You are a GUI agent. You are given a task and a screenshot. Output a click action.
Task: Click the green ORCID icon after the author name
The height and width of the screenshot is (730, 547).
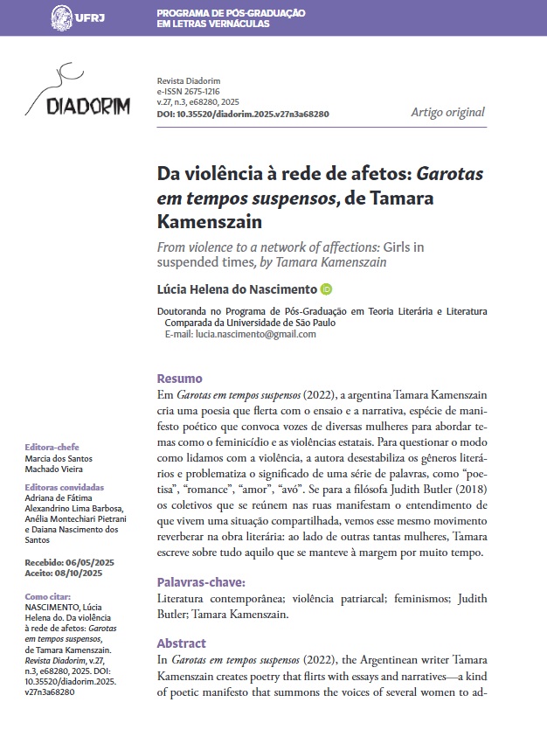pos(327,289)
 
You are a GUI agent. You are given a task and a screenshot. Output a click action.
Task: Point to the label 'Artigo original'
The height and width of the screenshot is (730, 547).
pos(447,112)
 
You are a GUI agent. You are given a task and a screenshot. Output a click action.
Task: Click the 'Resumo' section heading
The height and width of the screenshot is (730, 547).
pos(179,379)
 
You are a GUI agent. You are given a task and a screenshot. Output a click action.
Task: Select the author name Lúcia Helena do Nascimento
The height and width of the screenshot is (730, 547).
pos(237,289)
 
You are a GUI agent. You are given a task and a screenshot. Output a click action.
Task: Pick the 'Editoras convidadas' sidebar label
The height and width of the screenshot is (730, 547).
pos(65,487)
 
